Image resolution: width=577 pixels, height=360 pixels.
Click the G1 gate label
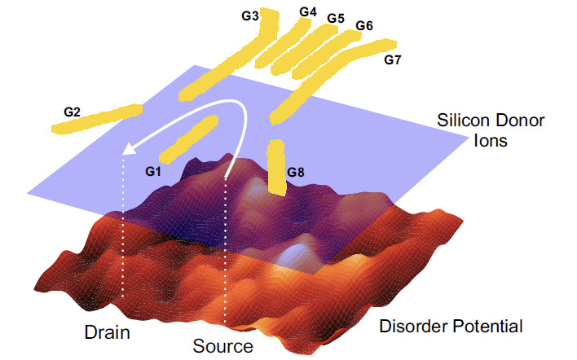154,171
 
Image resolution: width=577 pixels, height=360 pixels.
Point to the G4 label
307,12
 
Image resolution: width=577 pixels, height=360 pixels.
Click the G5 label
336,18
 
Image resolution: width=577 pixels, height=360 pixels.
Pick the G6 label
364,26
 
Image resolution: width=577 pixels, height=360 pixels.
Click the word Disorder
414,327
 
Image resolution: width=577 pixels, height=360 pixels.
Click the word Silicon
460,121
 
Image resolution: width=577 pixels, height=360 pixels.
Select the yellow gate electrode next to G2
97,119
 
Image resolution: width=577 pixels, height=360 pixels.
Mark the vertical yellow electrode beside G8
276,169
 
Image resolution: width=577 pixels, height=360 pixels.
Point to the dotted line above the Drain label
122,228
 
